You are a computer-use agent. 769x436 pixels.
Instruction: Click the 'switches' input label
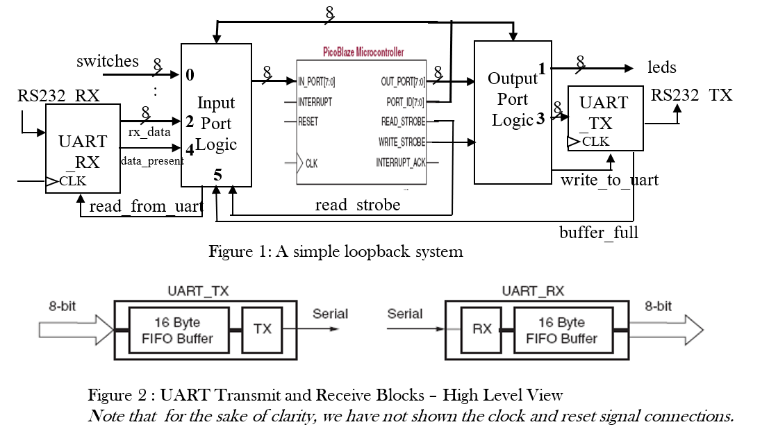coord(108,61)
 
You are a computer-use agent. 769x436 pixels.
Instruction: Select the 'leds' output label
coord(662,67)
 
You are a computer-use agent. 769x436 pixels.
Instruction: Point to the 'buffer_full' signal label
coord(599,233)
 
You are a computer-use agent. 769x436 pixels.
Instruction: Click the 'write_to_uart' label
coord(609,181)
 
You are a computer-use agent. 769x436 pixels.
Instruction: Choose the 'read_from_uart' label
coord(146,206)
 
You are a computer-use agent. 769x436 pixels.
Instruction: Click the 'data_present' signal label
coord(152,161)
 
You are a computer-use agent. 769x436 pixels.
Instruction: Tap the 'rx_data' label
coord(144,131)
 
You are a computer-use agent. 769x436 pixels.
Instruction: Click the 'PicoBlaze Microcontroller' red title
coord(363,52)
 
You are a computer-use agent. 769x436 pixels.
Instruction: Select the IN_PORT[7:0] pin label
coord(317,82)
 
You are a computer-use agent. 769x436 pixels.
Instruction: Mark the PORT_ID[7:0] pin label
coord(405,102)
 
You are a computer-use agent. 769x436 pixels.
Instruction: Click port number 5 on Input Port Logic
coord(217,175)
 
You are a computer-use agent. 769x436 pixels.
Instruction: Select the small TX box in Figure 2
coord(262,329)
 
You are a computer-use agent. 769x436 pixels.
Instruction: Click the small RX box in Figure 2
coord(481,329)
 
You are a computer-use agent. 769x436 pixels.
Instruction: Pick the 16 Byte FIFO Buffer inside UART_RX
coord(561,330)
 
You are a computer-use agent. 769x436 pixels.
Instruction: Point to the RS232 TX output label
coord(691,95)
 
